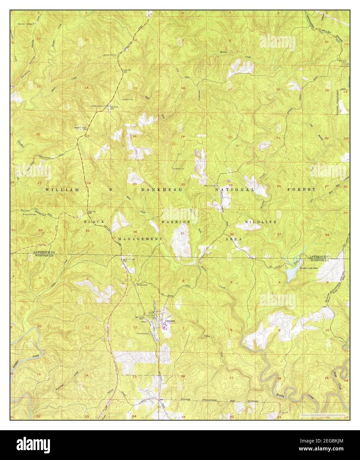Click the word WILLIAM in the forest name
click(58, 190)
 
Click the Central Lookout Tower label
click(100, 106)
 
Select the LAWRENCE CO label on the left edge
click(44, 252)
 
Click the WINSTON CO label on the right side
click(320, 261)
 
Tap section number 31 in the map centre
click(183, 233)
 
